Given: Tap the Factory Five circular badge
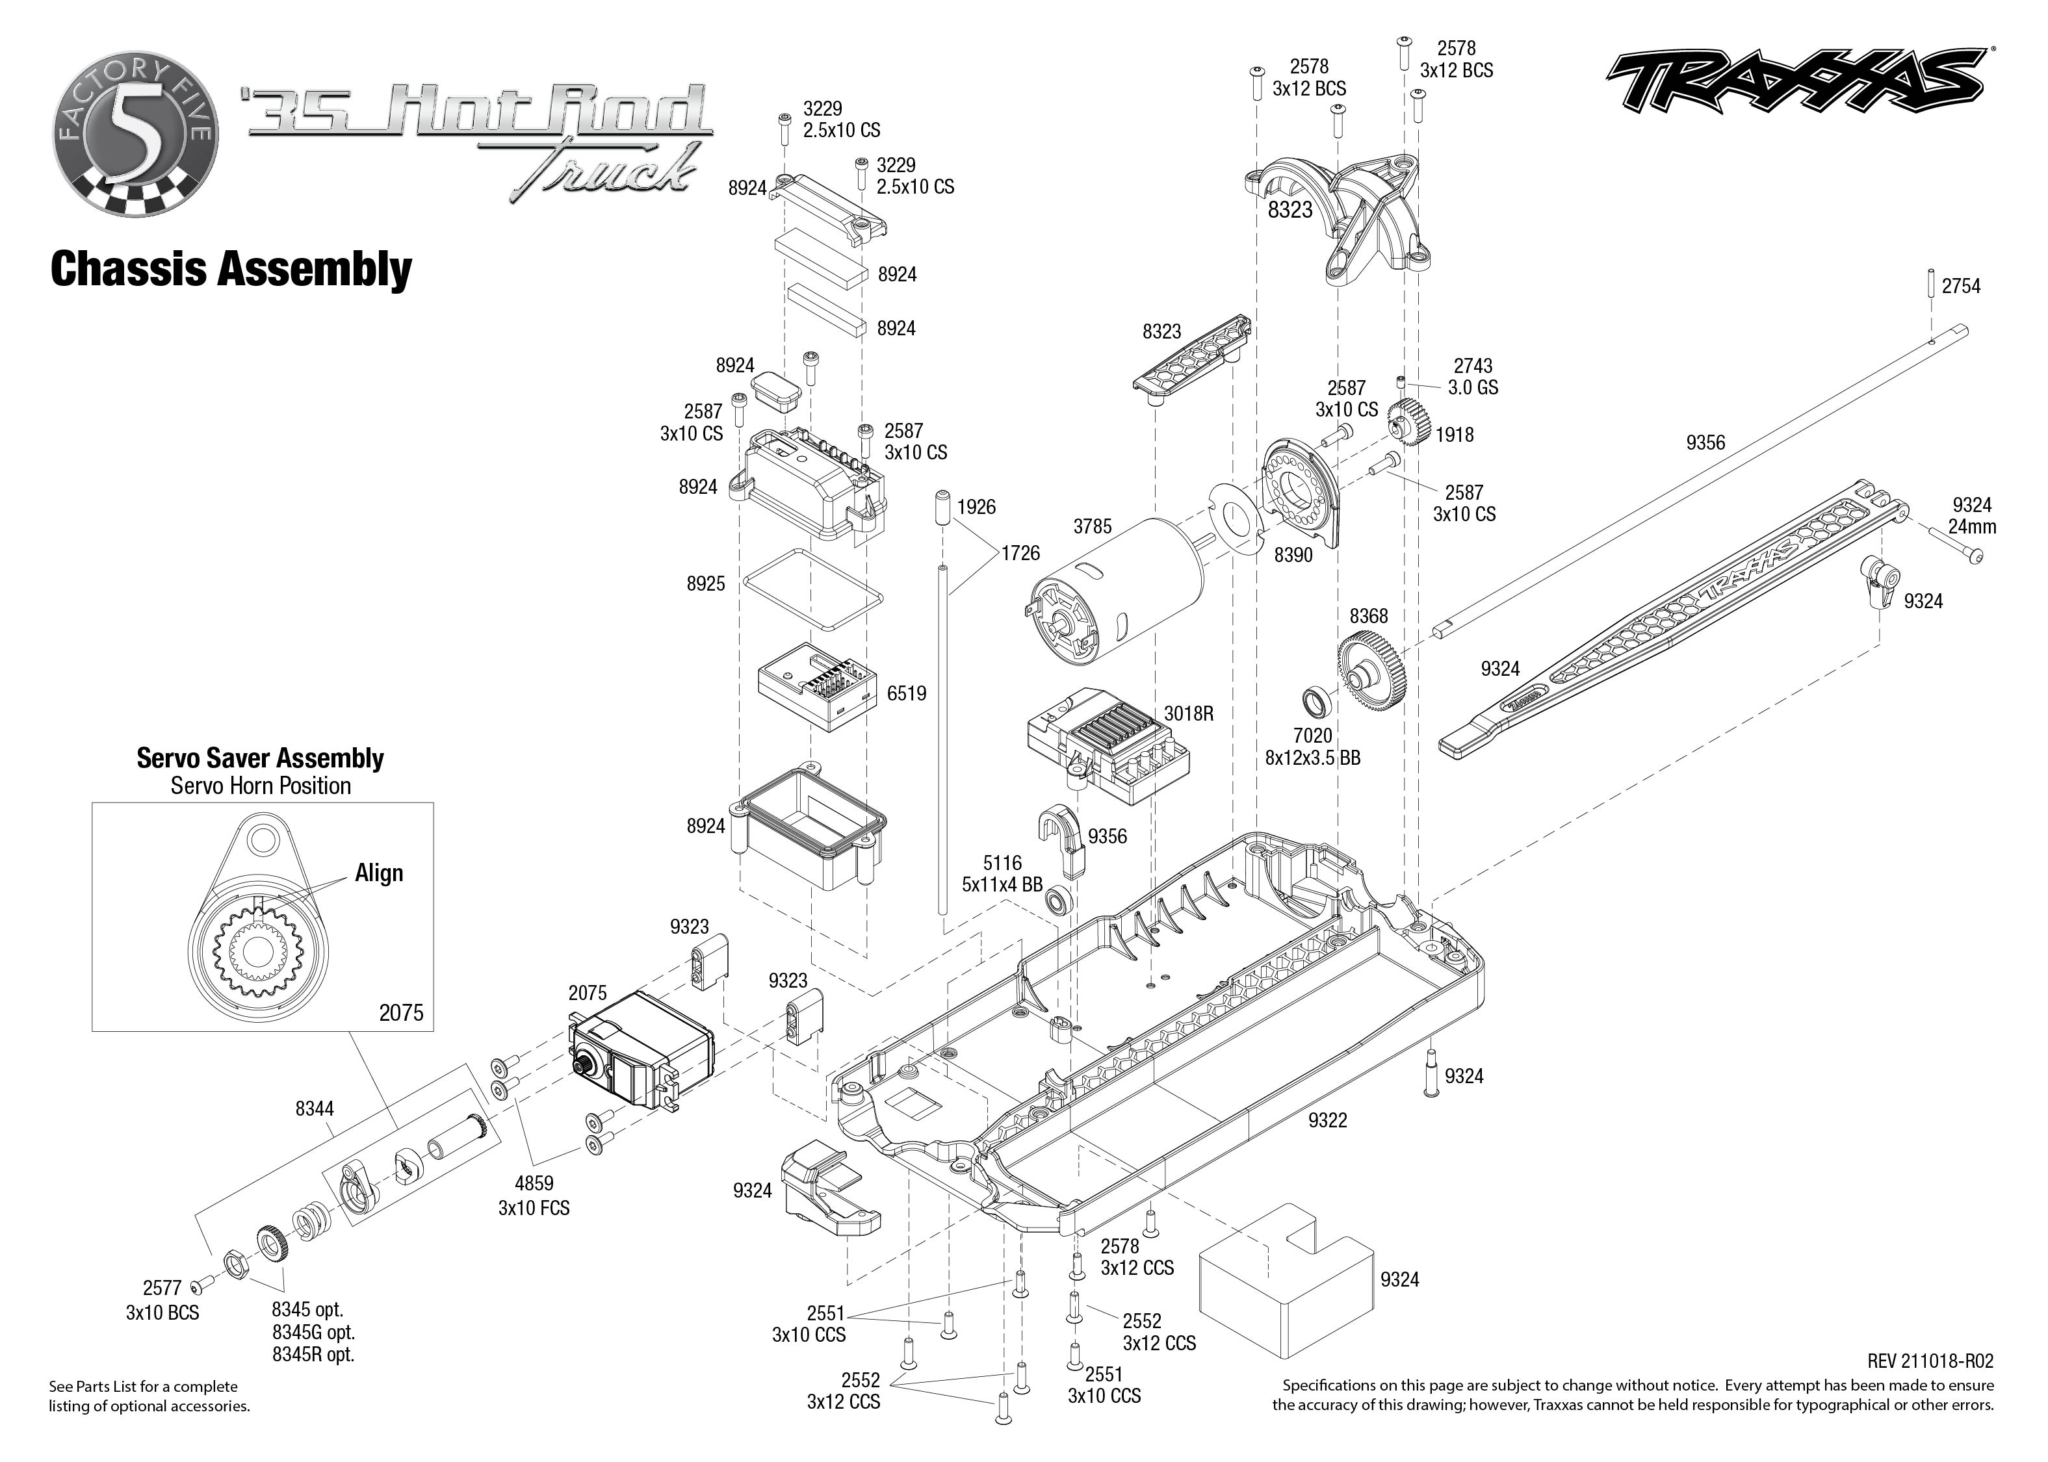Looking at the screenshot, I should (135, 135).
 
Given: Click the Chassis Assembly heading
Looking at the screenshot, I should (231, 268).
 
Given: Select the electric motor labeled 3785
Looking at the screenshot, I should (1116, 594).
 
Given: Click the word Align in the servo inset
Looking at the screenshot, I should (379, 873).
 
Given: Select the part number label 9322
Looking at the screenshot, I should (1328, 1120).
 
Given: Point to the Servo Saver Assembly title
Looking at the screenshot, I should (260, 758).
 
